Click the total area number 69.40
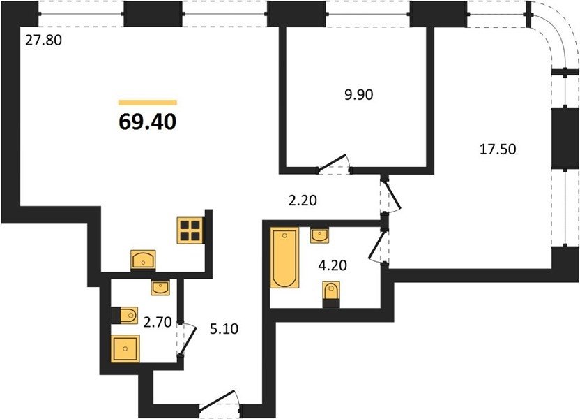click(147, 122)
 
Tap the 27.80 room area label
click(43, 40)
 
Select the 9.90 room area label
click(359, 95)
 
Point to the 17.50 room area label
click(498, 149)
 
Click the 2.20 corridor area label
click(303, 200)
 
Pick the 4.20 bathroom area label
click(333, 265)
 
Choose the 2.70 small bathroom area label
click(158, 323)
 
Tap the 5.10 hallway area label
click(224, 329)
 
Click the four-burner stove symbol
click(190, 230)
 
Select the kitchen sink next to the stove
click(143, 259)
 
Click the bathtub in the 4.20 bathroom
click(284, 258)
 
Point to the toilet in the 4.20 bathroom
click(331, 295)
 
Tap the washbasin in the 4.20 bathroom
click(319, 235)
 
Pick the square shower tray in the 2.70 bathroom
click(125, 348)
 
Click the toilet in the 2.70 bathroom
click(125, 315)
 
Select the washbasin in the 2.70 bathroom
click(160, 288)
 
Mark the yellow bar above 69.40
click(148, 103)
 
